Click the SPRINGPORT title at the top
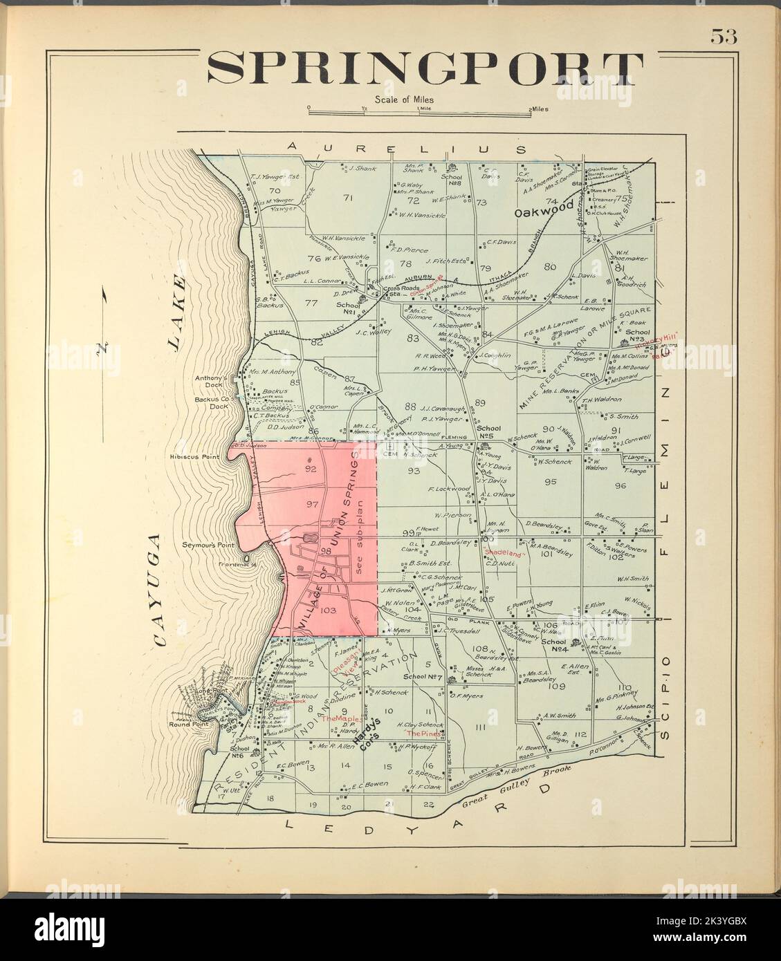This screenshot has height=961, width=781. point(425,68)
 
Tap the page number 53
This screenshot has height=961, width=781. point(724,37)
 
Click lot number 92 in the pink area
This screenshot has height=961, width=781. point(311,469)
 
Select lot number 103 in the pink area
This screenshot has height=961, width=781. point(329,610)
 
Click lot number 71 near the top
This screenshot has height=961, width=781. point(348,198)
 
